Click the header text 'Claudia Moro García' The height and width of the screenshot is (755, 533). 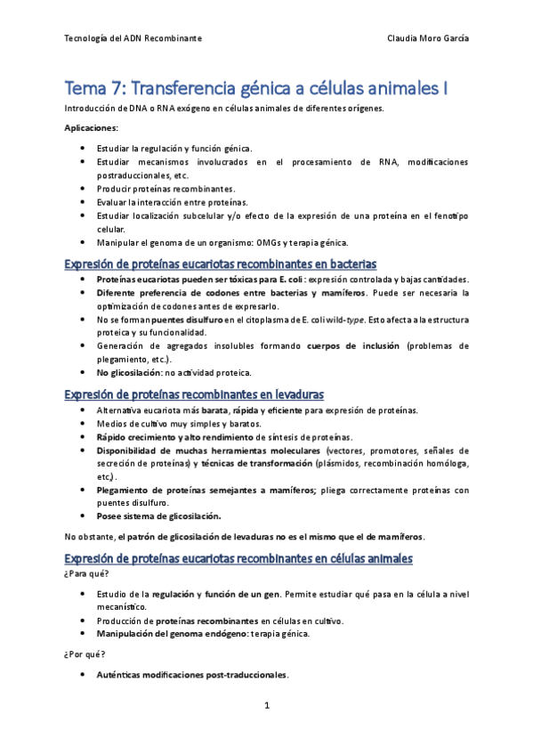pos(430,39)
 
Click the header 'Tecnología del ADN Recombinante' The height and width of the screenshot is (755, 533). pos(133,39)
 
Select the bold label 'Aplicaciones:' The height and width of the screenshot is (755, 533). pos(92,128)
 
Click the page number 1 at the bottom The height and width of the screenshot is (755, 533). pos(267,706)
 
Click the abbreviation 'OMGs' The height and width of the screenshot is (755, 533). pos(270,242)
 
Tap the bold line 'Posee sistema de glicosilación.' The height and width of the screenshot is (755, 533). pos(158,516)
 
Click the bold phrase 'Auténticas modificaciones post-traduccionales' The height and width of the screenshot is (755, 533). pos(191,675)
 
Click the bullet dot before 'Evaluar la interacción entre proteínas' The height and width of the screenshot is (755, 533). pos(83,202)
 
